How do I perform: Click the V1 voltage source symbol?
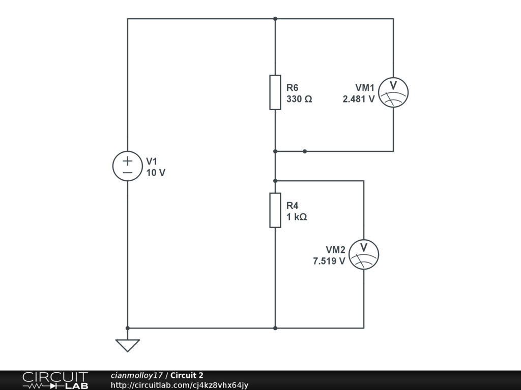pyautogui.click(x=127, y=167)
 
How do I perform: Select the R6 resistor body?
pyautogui.click(x=275, y=92)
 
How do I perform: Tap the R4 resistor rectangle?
pyautogui.click(x=275, y=210)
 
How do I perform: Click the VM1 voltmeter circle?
pyautogui.click(x=394, y=92)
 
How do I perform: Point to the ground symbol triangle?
pyautogui.click(x=127, y=345)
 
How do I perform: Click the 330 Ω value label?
pyautogui.click(x=299, y=100)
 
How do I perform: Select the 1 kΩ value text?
pyautogui.click(x=297, y=217)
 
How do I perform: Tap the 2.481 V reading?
pyautogui.click(x=359, y=100)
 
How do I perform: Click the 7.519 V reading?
pyautogui.click(x=329, y=262)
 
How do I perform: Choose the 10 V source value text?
pyautogui.click(x=156, y=173)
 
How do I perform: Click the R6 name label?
pyautogui.click(x=292, y=87)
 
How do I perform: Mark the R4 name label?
pyautogui.click(x=292, y=206)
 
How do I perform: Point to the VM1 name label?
pyautogui.click(x=365, y=87)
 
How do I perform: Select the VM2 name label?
pyautogui.click(x=335, y=250)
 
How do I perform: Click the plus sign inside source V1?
pyautogui.click(x=127, y=161)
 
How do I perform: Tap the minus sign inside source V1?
pyautogui.click(x=127, y=173)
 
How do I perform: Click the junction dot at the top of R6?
pyautogui.click(x=275, y=19)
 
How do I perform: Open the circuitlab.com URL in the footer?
pyautogui.click(x=179, y=385)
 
